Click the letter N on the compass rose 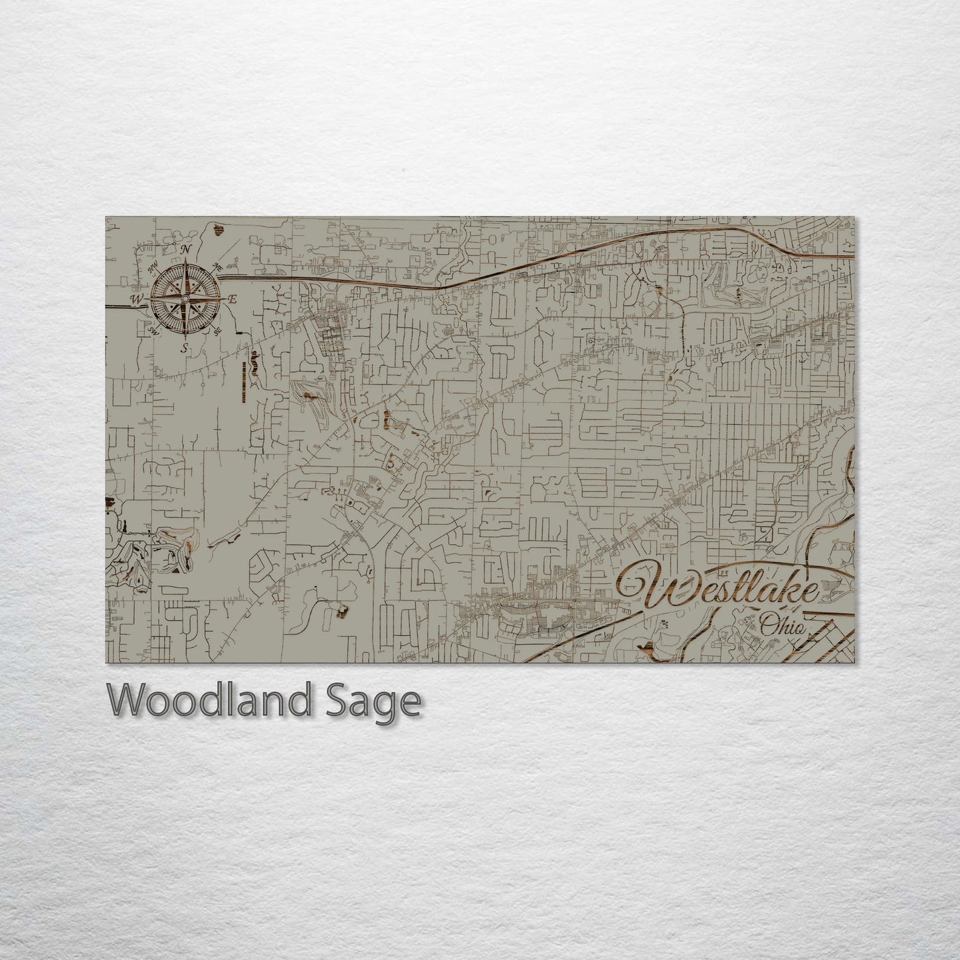click(187, 249)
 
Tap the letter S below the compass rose click(185, 347)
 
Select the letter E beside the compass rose click(233, 300)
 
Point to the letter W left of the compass click(136, 300)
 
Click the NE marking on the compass click(217, 266)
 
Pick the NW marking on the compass click(153, 266)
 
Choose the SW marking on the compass click(153, 330)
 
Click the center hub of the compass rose click(185, 299)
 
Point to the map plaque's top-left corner click(106, 217)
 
